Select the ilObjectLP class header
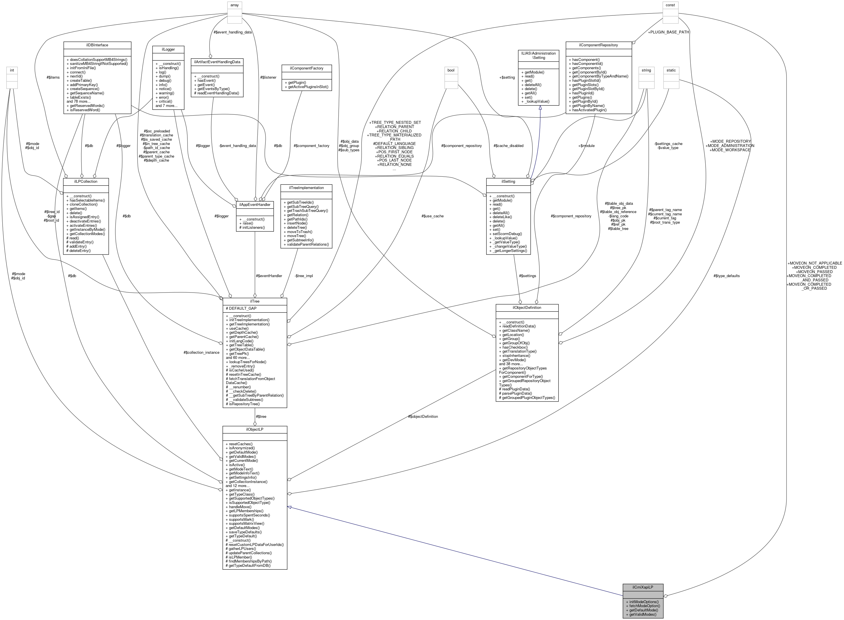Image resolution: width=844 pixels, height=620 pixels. coord(255,429)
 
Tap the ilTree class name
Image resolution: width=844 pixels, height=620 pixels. coord(255,301)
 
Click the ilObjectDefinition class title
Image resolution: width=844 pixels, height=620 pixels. coord(527,307)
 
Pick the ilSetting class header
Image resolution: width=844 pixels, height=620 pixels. coord(508,181)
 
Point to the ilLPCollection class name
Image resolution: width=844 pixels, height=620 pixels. coord(86,181)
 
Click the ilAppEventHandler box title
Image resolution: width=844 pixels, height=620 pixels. coord(255,204)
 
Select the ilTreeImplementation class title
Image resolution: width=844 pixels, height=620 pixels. coord(306,188)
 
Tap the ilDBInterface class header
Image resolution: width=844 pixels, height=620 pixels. coord(97,45)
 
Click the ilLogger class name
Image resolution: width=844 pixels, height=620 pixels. coord(168,49)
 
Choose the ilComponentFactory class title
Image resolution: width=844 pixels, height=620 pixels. coord(306,68)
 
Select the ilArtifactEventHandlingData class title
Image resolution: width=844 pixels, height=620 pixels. coord(217,61)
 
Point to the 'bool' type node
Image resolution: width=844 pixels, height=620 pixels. coord(451,70)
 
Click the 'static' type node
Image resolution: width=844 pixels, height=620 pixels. coord(671,70)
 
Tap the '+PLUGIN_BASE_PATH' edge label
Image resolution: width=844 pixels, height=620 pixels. coord(668,32)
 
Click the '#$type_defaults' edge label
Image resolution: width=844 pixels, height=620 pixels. coord(726,276)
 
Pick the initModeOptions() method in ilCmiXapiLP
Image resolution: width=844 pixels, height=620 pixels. coord(642,602)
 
